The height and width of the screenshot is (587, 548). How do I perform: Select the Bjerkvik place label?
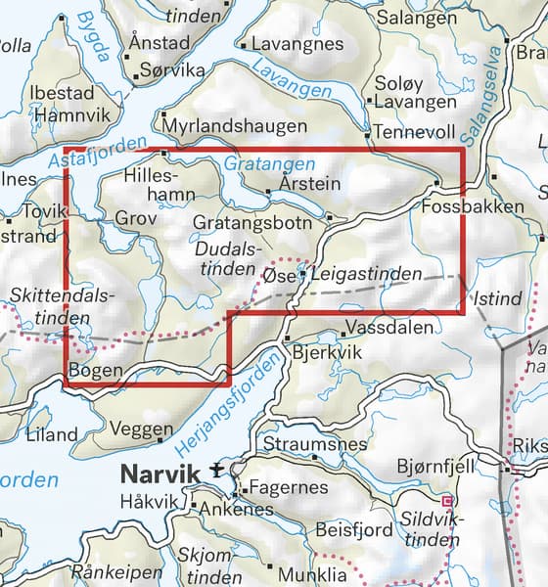coord(321,350)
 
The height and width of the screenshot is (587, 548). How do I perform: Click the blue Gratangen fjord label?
coord(269,163)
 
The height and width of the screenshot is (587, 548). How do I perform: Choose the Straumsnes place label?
coord(320,443)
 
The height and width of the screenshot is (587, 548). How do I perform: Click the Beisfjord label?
coord(354,530)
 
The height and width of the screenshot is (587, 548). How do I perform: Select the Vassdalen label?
coord(388,330)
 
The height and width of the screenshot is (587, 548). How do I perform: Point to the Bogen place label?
coord(95,370)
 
